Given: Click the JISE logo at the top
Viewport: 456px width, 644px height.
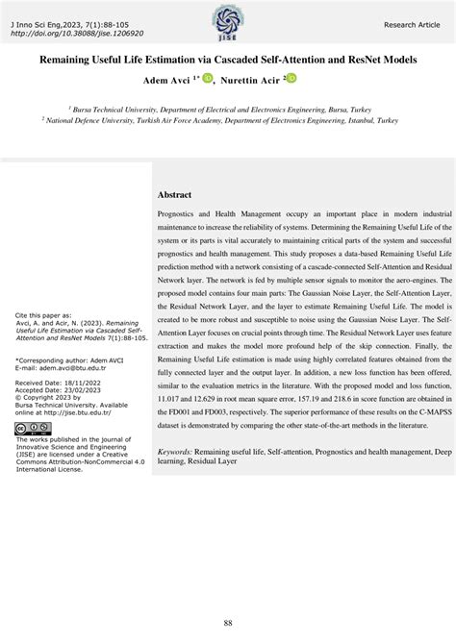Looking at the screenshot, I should pyautogui.click(x=228, y=17).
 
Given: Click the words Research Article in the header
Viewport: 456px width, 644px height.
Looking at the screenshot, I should pyautogui.click(x=411, y=23).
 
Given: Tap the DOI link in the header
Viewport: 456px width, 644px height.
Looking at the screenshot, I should pyautogui.click(x=76, y=32).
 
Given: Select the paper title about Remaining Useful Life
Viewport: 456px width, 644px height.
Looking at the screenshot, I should pyautogui.click(x=228, y=60).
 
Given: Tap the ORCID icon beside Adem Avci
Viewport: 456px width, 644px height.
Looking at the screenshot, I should pyautogui.click(x=207, y=78).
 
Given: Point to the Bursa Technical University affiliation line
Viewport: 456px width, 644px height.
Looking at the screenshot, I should pyautogui.click(x=228, y=111).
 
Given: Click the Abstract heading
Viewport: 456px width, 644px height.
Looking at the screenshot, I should pyautogui.click(x=174, y=194).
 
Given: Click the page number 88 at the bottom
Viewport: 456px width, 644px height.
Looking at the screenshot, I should pyautogui.click(x=228, y=623).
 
